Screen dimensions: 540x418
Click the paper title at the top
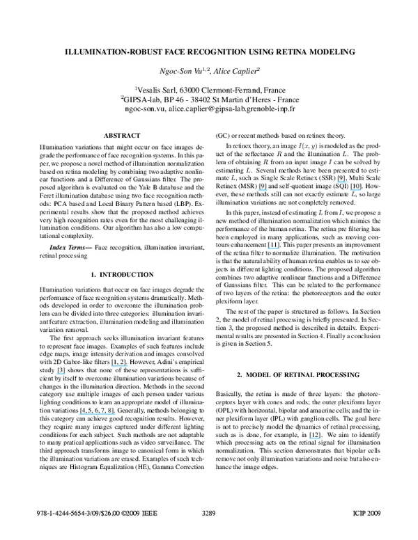tap(209, 52)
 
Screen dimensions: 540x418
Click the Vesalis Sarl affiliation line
tap(209, 90)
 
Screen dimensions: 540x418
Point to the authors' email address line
tap(209, 109)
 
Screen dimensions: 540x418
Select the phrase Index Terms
tap(69, 248)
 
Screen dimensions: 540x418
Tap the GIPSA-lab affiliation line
tap(209, 100)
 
